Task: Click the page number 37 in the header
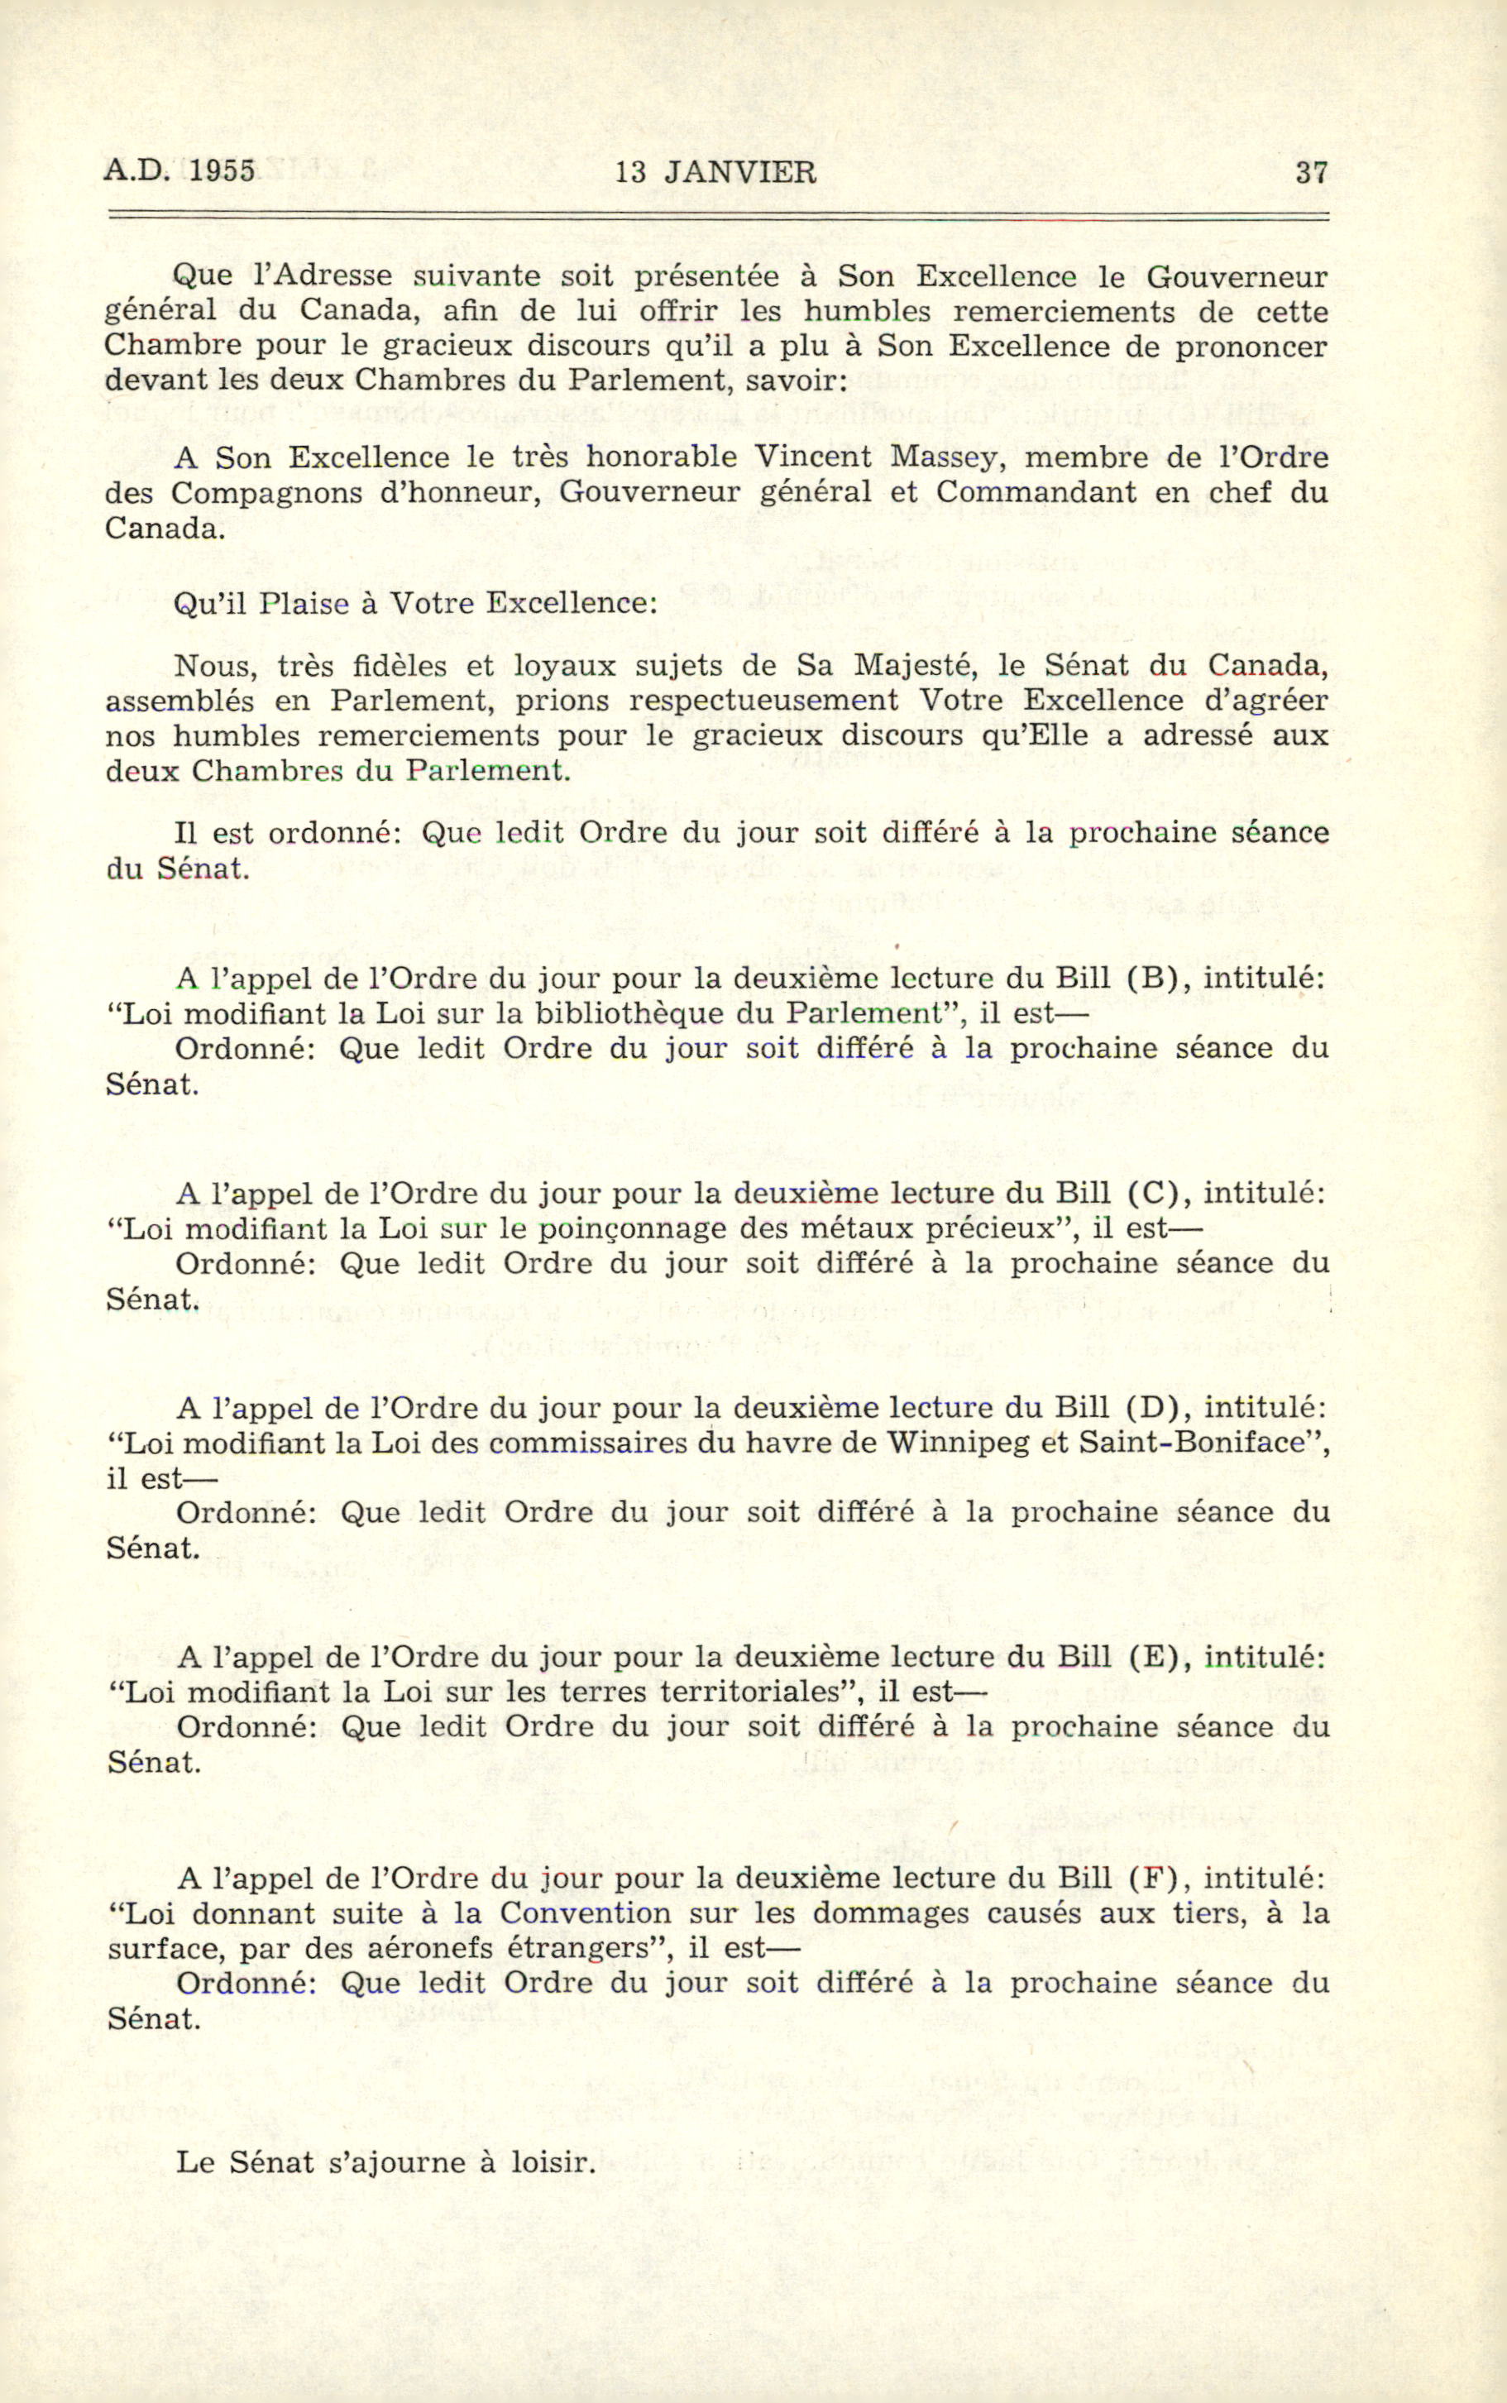pyautogui.click(x=1311, y=172)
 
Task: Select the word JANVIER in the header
pyautogui.click(x=739, y=172)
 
